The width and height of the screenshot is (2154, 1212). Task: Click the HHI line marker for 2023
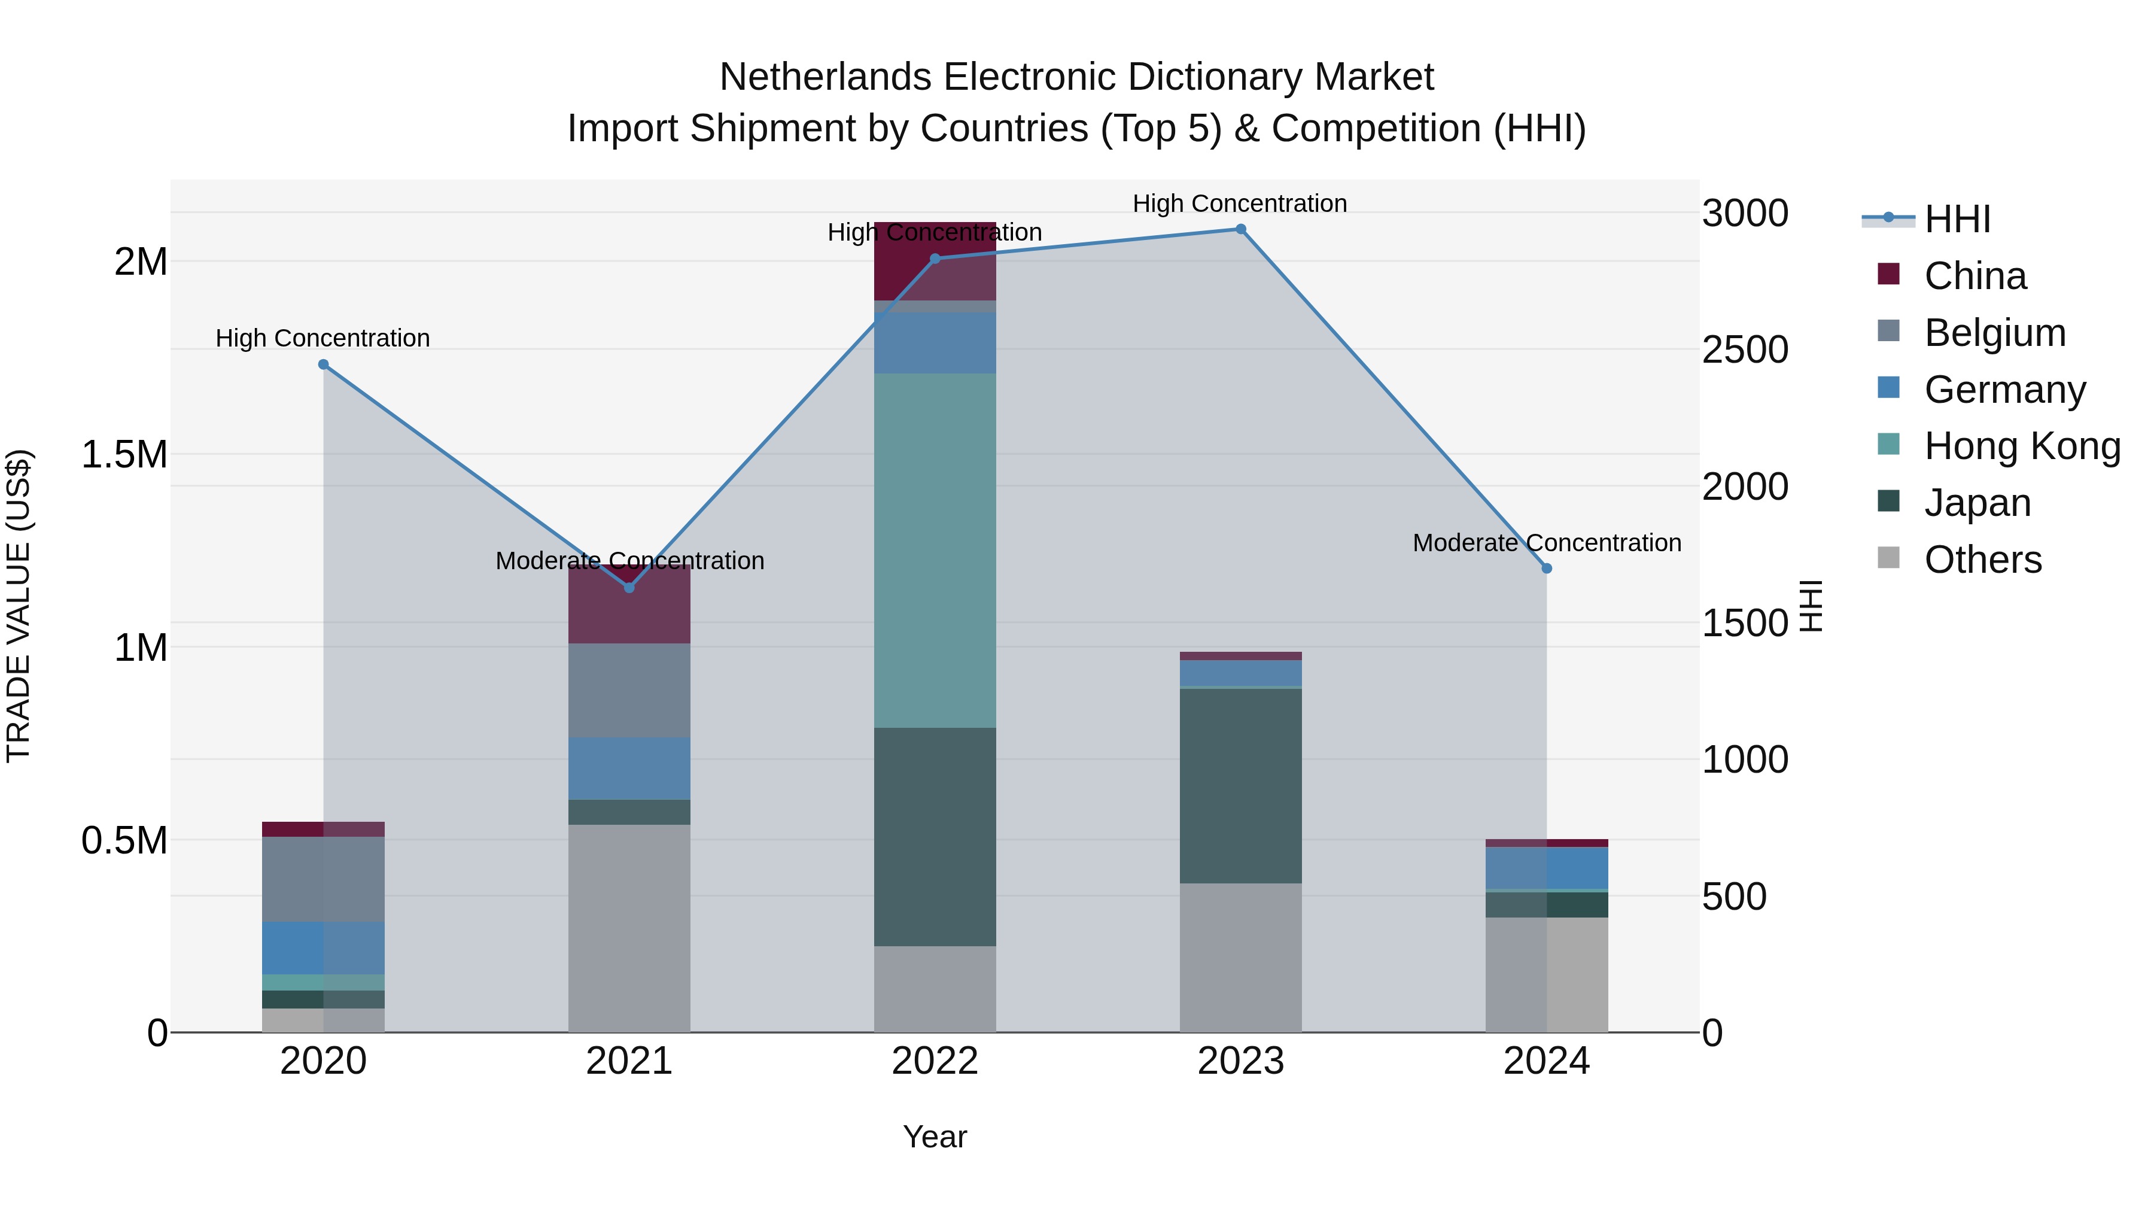[1240, 229]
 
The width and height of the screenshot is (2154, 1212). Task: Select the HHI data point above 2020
[324, 364]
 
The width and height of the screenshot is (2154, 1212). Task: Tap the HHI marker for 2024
[1546, 569]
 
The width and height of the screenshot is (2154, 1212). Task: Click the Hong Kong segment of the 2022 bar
[935, 551]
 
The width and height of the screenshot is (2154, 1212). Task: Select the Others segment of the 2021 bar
[629, 928]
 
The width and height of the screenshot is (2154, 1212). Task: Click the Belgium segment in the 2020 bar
[324, 879]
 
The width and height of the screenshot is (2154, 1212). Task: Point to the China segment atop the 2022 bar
[935, 261]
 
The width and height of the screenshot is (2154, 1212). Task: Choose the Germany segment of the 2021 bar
[629, 768]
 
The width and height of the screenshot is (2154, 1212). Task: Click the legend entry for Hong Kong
[2022, 446]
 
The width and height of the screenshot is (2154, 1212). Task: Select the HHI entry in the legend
[1957, 219]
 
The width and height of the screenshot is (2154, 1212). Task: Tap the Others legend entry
[1982, 560]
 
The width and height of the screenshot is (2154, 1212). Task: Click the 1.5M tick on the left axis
[124, 455]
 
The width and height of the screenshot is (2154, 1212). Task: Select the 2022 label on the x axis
[935, 1061]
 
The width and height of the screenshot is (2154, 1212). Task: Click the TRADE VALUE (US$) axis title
[19, 606]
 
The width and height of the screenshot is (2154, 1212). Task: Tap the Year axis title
[935, 1137]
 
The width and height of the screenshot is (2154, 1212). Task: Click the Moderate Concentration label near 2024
[1546, 543]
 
